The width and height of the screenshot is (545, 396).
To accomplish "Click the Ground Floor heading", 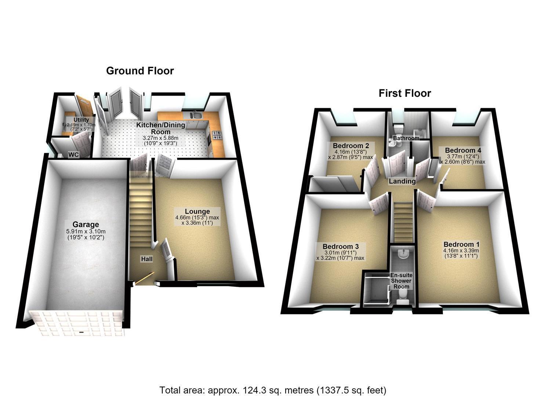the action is pos(140,71).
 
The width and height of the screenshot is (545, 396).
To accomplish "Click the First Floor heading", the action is pos(405,93).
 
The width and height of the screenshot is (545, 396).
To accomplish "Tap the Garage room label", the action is pos(86,224).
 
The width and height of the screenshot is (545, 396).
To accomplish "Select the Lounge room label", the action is pos(197,211).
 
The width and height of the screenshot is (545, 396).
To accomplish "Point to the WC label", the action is pos(73,155).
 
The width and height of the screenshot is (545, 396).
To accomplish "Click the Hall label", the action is pos(147,259).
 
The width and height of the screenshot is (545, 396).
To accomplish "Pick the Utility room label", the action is pos(81,120).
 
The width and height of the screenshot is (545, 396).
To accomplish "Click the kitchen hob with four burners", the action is pos(217,135).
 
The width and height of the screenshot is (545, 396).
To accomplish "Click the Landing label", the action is pos(402,181).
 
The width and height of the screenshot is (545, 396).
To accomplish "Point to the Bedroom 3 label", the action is pos(341,246).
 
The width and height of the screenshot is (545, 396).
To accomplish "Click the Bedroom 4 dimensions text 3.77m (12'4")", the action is pos(463,157).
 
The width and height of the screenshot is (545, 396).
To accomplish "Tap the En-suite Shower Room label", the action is pos(402,281).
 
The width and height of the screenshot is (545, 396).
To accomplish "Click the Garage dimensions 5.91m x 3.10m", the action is pos(86,231).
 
